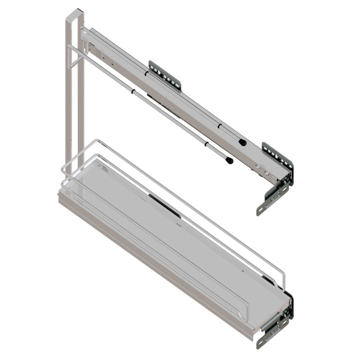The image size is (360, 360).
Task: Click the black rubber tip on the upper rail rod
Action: click(x=243, y=142)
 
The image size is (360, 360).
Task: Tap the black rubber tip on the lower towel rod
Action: click(x=229, y=160)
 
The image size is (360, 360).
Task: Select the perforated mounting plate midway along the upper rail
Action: click(x=165, y=75)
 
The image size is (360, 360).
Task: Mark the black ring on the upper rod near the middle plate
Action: click(x=146, y=72)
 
